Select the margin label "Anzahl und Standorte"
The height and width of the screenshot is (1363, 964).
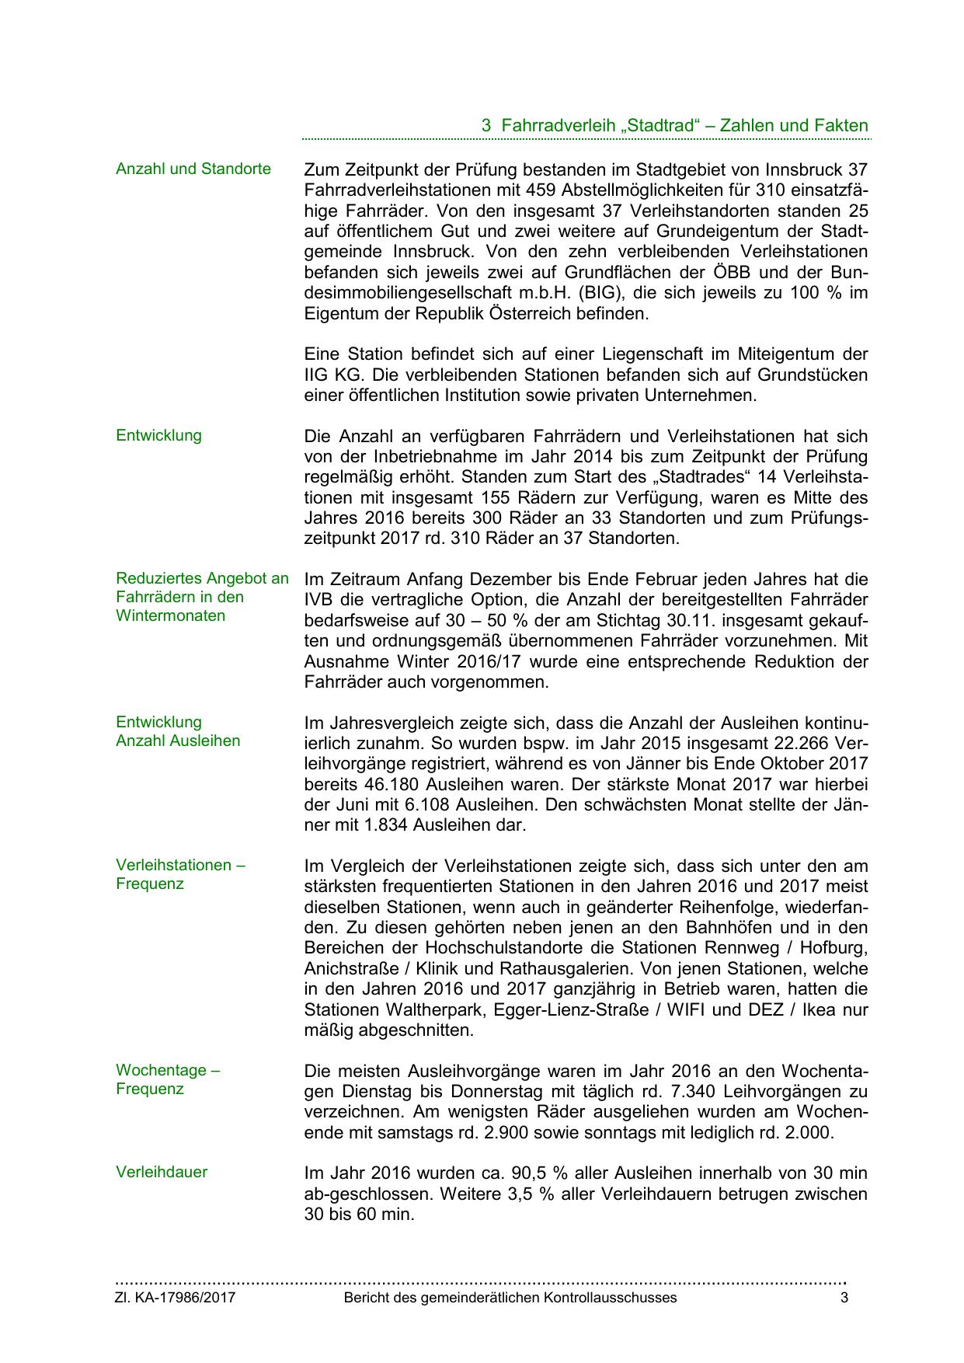pos(193,169)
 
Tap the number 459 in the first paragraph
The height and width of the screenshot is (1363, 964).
pos(541,190)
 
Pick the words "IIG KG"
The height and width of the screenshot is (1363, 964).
pos(332,375)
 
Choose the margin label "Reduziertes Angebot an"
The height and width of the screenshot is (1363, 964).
pos(202,578)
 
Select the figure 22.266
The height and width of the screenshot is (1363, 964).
pos(799,742)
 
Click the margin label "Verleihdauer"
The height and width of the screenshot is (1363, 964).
pos(162,1172)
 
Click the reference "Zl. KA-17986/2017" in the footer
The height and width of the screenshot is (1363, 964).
pos(176,1298)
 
